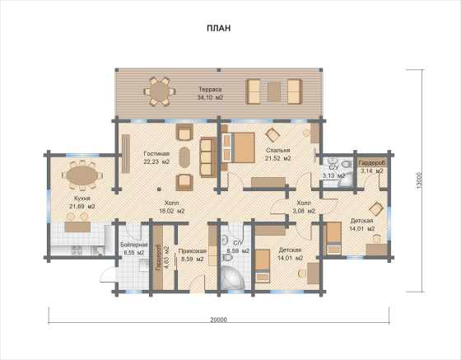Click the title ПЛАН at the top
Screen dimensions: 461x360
(218, 28)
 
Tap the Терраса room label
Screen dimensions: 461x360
(210, 90)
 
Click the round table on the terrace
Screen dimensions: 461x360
(160, 91)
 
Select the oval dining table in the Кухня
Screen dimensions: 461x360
(82, 175)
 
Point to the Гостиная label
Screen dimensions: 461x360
(156, 153)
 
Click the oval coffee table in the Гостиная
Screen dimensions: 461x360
(184, 157)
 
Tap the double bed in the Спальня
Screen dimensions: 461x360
(238, 147)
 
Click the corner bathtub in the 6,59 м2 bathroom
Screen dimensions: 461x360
(232, 278)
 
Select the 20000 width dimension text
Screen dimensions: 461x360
(219, 320)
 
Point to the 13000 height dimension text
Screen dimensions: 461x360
(420, 180)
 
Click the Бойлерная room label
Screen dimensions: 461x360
(134, 245)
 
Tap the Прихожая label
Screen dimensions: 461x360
(193, 251)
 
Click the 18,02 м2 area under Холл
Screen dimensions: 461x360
(172, 211)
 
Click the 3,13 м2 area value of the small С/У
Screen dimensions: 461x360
(333, 176)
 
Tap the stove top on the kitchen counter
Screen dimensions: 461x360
(77, 251)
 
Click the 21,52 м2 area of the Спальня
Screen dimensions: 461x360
(278, 158)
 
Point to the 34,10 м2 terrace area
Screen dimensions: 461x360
(210, 97)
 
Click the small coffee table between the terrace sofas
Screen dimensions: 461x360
(274, 91)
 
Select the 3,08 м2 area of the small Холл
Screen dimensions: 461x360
(304, 211)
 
